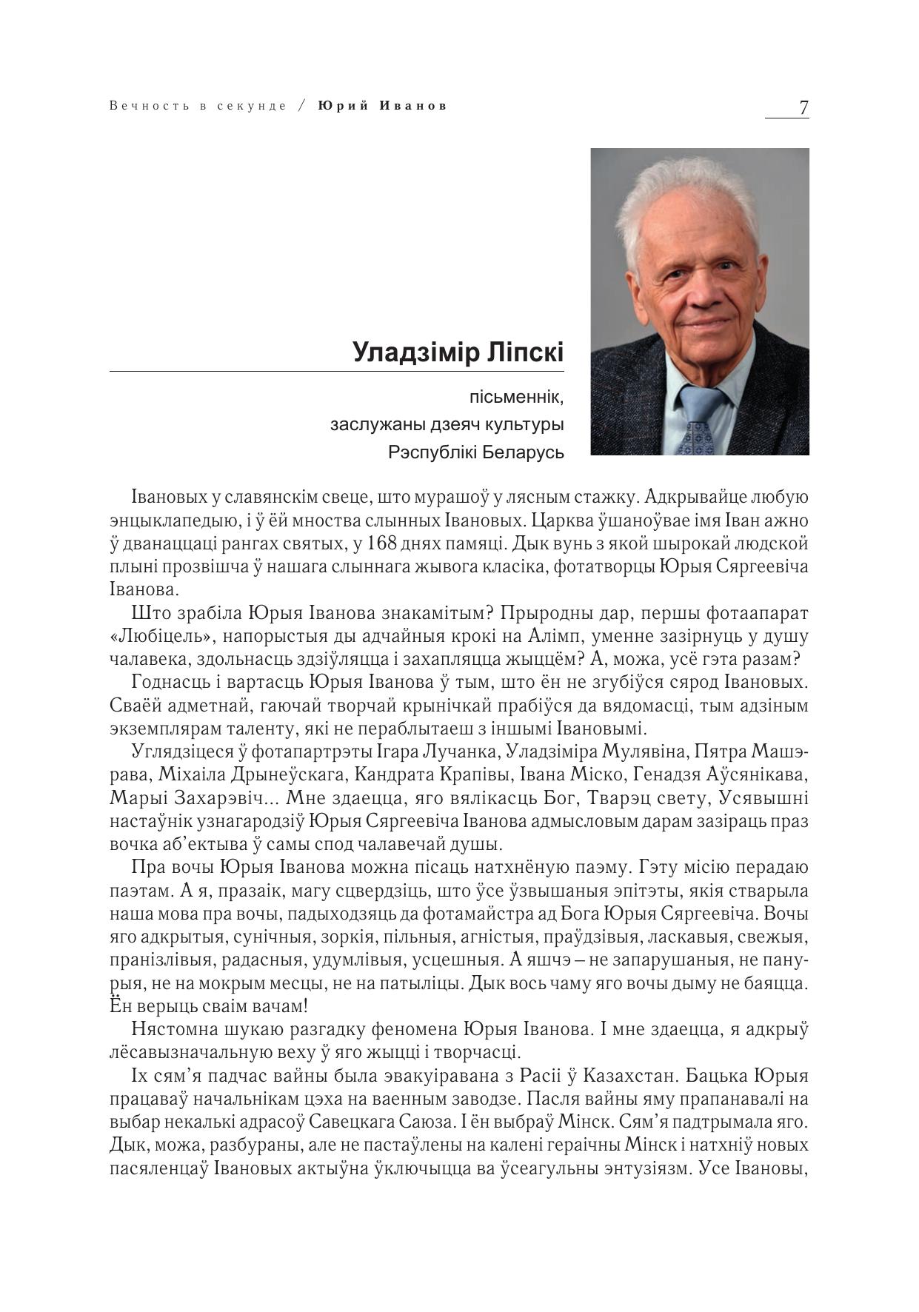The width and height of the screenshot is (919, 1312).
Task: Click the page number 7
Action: [803, 107]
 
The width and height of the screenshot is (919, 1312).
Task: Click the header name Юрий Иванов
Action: [383, 106]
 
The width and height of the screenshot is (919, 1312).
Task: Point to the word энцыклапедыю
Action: [171, 521]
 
